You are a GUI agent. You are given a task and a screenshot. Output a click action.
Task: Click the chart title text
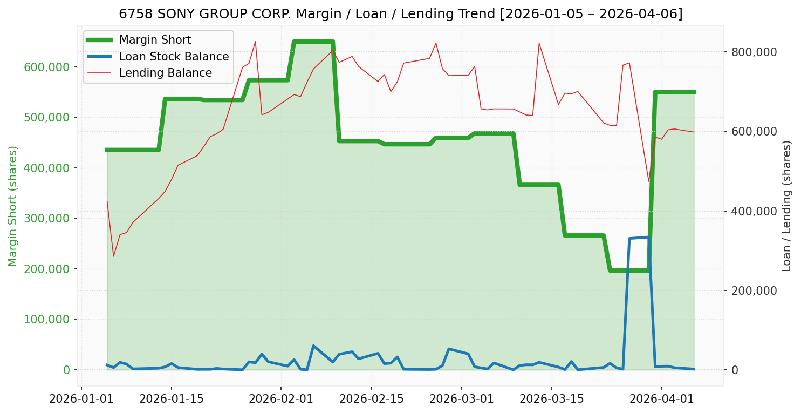pos(400,14)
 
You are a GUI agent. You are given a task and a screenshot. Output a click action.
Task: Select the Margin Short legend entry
pos(155,40)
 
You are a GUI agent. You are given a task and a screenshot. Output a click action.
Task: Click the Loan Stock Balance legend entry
pos(174,57)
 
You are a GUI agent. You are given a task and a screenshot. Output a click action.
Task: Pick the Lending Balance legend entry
pos(165,73)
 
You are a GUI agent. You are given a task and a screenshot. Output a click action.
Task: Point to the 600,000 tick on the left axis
pos(47,67)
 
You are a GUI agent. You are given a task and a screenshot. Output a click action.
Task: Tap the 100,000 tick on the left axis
pos(47,320)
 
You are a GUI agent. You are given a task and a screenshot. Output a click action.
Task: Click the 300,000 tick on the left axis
pos(47,219)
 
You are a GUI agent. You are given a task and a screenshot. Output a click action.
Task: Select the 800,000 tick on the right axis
pos(754,52)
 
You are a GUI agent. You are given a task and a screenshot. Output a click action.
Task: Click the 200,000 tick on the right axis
pos(754,291)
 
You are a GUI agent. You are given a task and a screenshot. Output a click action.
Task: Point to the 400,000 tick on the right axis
pos(754,212)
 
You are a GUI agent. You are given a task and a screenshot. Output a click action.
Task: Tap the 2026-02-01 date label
pos(280,400)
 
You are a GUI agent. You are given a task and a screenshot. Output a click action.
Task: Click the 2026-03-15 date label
pos(551,400)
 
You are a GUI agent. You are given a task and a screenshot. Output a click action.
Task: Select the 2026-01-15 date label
pos(171,400)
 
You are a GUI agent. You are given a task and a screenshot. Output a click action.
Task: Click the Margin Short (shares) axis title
pos(12,206)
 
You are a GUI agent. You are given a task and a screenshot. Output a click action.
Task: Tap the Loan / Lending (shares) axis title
pos(786,206)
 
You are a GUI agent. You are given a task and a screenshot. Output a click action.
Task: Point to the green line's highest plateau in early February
pos(313,42)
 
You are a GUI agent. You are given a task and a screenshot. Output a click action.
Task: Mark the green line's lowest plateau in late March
pos(629,270)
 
